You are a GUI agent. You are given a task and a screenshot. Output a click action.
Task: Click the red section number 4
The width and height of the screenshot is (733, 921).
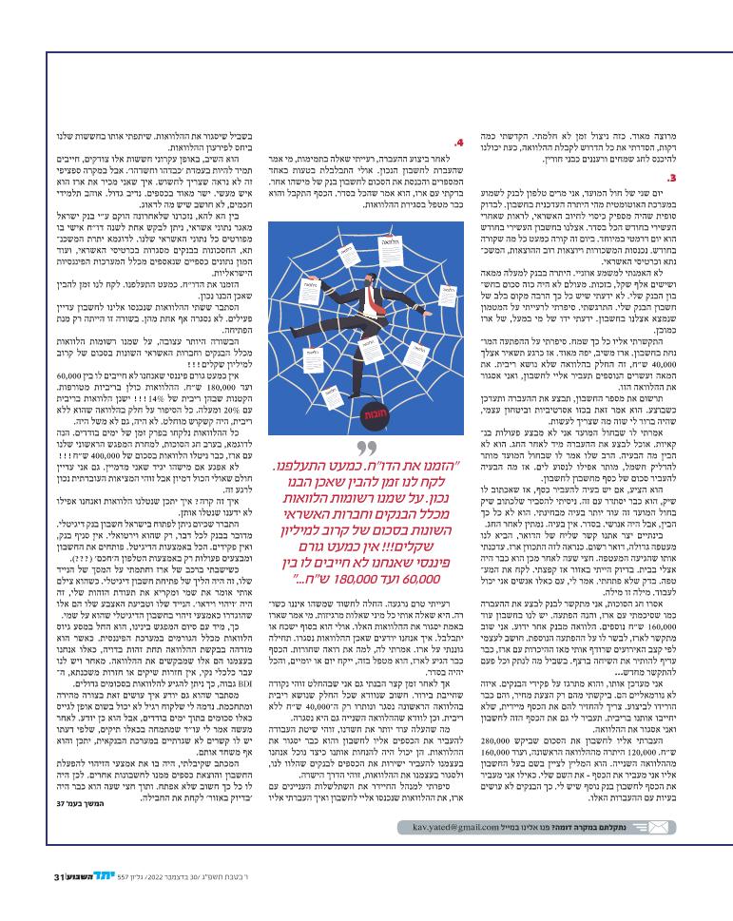[x=459, y=144]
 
